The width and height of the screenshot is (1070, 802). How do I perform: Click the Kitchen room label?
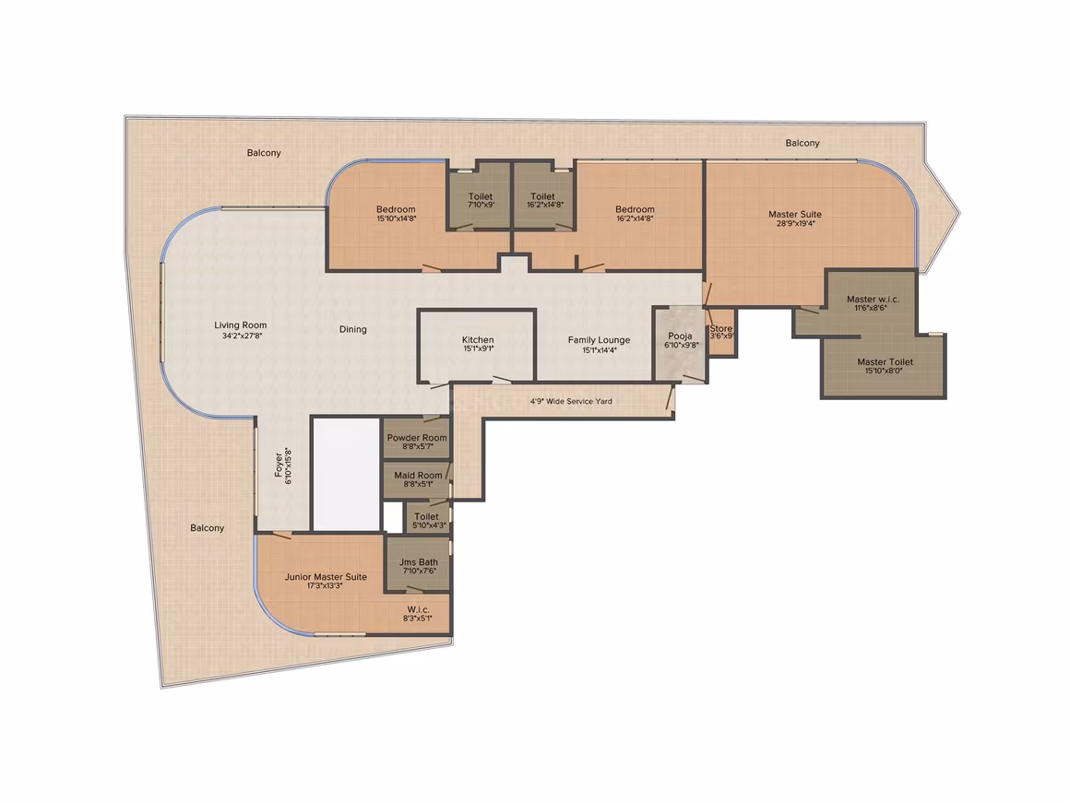[478, 339]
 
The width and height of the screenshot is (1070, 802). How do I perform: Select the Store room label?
[721, 329]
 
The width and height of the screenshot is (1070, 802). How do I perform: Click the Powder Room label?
[417, 438]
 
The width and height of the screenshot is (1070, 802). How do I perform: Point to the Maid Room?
[416, 480]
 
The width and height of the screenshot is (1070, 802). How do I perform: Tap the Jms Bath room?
[418, 564]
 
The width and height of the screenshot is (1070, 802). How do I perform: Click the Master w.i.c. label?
[873, 299]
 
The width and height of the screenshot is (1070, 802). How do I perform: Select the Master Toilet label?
[886, 362]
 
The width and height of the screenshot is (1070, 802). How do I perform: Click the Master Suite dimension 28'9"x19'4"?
[795, 223]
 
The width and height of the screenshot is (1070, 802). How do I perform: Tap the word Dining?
[352, 329]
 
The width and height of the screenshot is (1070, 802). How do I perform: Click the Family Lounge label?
[600, 339]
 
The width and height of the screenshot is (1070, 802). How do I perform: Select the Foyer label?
[279, 466]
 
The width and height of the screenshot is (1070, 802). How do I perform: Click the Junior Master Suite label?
[326, 577]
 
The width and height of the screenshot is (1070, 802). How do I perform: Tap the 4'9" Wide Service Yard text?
[571, 402]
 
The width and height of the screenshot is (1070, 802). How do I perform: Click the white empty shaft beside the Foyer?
[346, 474]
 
